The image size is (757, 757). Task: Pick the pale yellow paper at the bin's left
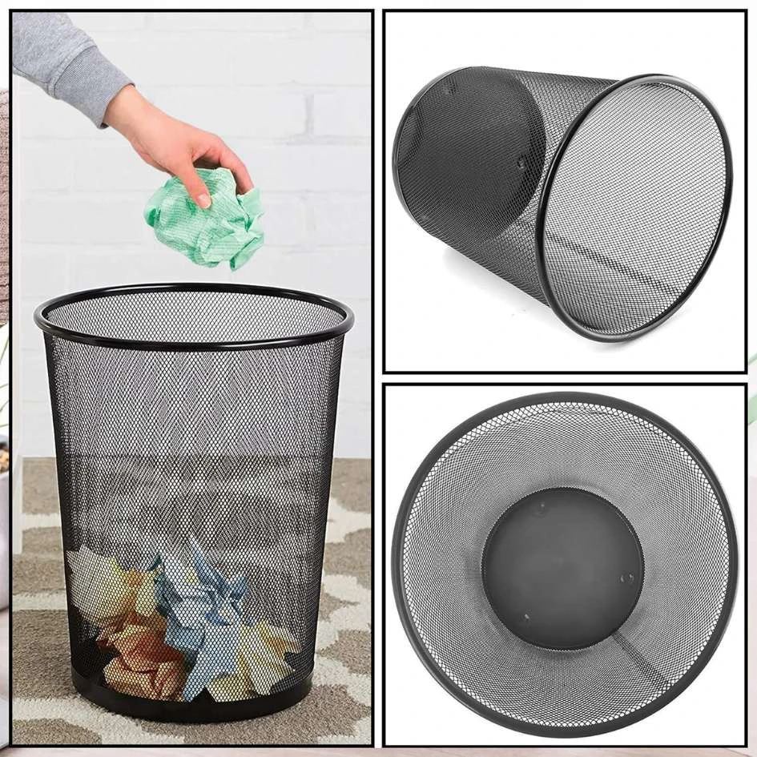[96, 581]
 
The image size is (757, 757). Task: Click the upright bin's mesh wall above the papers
[192, 449]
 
